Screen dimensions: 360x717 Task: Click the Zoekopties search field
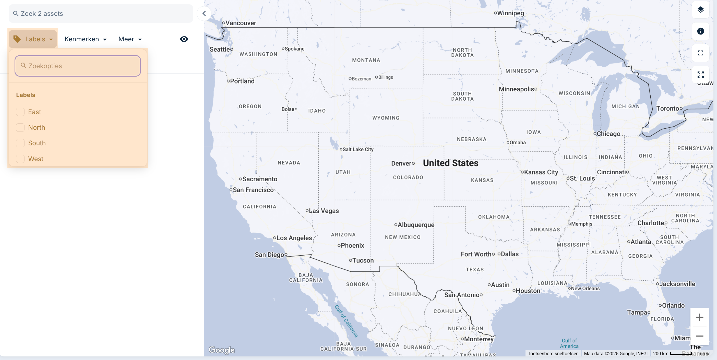click(x=78, y=66)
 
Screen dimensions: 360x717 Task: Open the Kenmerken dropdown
click(x=86, y=39)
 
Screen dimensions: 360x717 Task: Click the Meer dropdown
click(x=130, y=39)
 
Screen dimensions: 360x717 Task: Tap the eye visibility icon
click(x=184, y=39)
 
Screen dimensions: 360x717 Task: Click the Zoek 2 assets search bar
click(x=101, y=14)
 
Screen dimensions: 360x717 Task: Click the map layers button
click(x=700, y=10)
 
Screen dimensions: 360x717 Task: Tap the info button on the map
click(x=700, y=31)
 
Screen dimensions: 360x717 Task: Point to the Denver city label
click(x=401, y=163)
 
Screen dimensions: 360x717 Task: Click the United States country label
click(x=450, y=163)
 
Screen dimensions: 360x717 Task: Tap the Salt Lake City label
click(x=358, y=149)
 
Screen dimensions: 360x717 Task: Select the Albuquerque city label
click(x=415, y=225)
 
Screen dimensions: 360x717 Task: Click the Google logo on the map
click(x=222, y=350)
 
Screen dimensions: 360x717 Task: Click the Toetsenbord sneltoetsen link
click(x=553, y=353)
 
